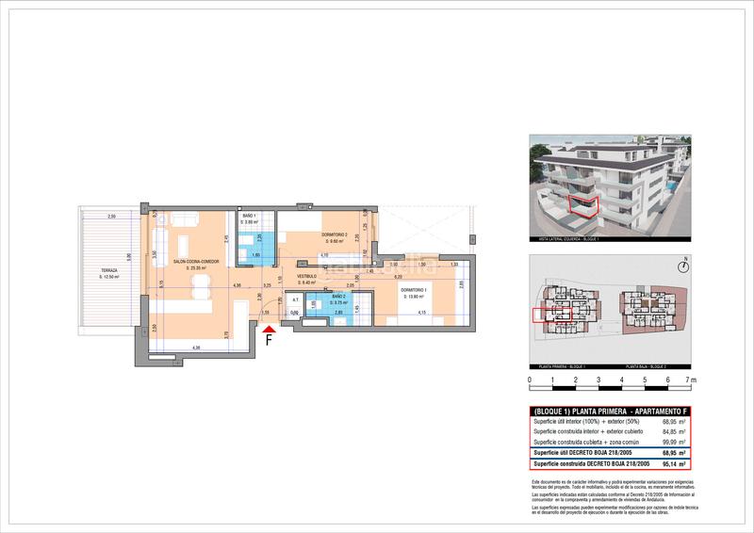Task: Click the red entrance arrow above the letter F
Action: click(x=270, y=327)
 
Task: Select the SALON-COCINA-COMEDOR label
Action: click(x=196, y=263)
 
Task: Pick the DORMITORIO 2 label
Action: click(x=335, y=234)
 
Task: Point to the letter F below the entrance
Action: click(x=270, y=340)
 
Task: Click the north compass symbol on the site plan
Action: click(x=686, y=262)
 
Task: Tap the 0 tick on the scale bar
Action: click(x=530, y=380)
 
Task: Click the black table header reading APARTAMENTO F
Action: click(x=611, y=412)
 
